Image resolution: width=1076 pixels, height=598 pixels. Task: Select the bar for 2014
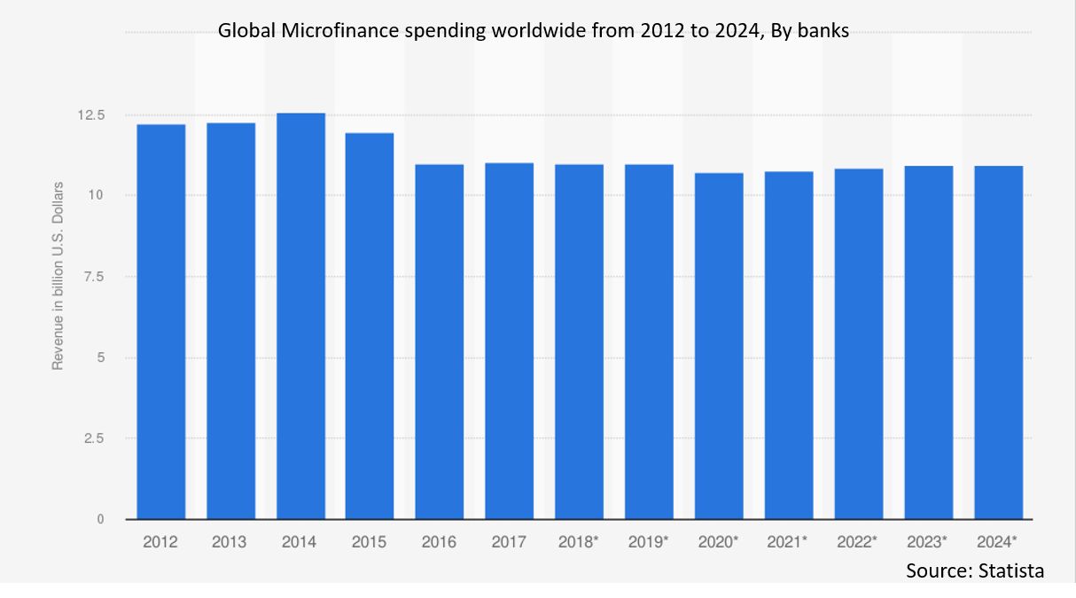point(300,316)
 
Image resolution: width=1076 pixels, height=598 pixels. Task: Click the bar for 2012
point(161,321)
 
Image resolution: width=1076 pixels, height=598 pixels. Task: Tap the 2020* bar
point(719,346)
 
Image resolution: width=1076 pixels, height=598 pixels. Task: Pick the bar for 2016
point(440,342)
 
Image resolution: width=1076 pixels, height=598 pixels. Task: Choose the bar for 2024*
point(998,342)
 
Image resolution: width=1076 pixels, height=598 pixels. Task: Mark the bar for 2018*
point(579,342)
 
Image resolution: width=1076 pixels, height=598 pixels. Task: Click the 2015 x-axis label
point(368,541)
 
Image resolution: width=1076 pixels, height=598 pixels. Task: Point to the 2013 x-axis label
point(230,541)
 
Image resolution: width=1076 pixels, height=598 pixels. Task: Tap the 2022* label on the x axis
point(857,541)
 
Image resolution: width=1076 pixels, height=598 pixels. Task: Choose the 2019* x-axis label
point(649,541)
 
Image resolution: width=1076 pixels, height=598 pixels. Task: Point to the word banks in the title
point(824,32)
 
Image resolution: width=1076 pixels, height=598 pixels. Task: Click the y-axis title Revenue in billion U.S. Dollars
point(58,275)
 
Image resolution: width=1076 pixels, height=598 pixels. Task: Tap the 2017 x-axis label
point(509,541)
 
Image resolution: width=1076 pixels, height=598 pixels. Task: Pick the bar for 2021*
point(788,345)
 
